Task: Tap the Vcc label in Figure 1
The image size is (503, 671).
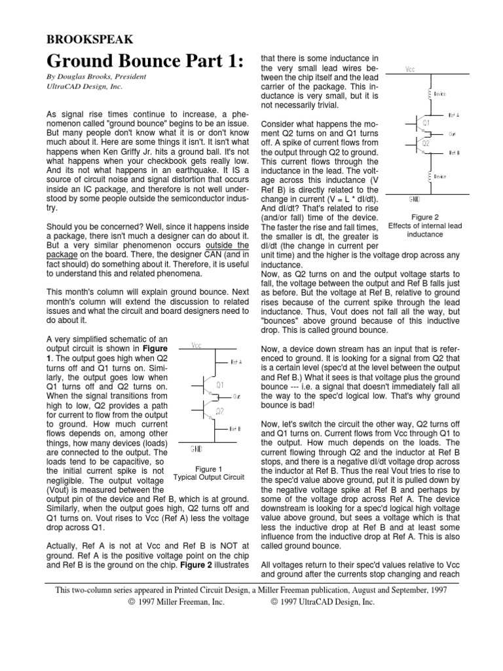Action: (196, 345)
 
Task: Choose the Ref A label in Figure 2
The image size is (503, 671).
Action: (454, 115)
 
